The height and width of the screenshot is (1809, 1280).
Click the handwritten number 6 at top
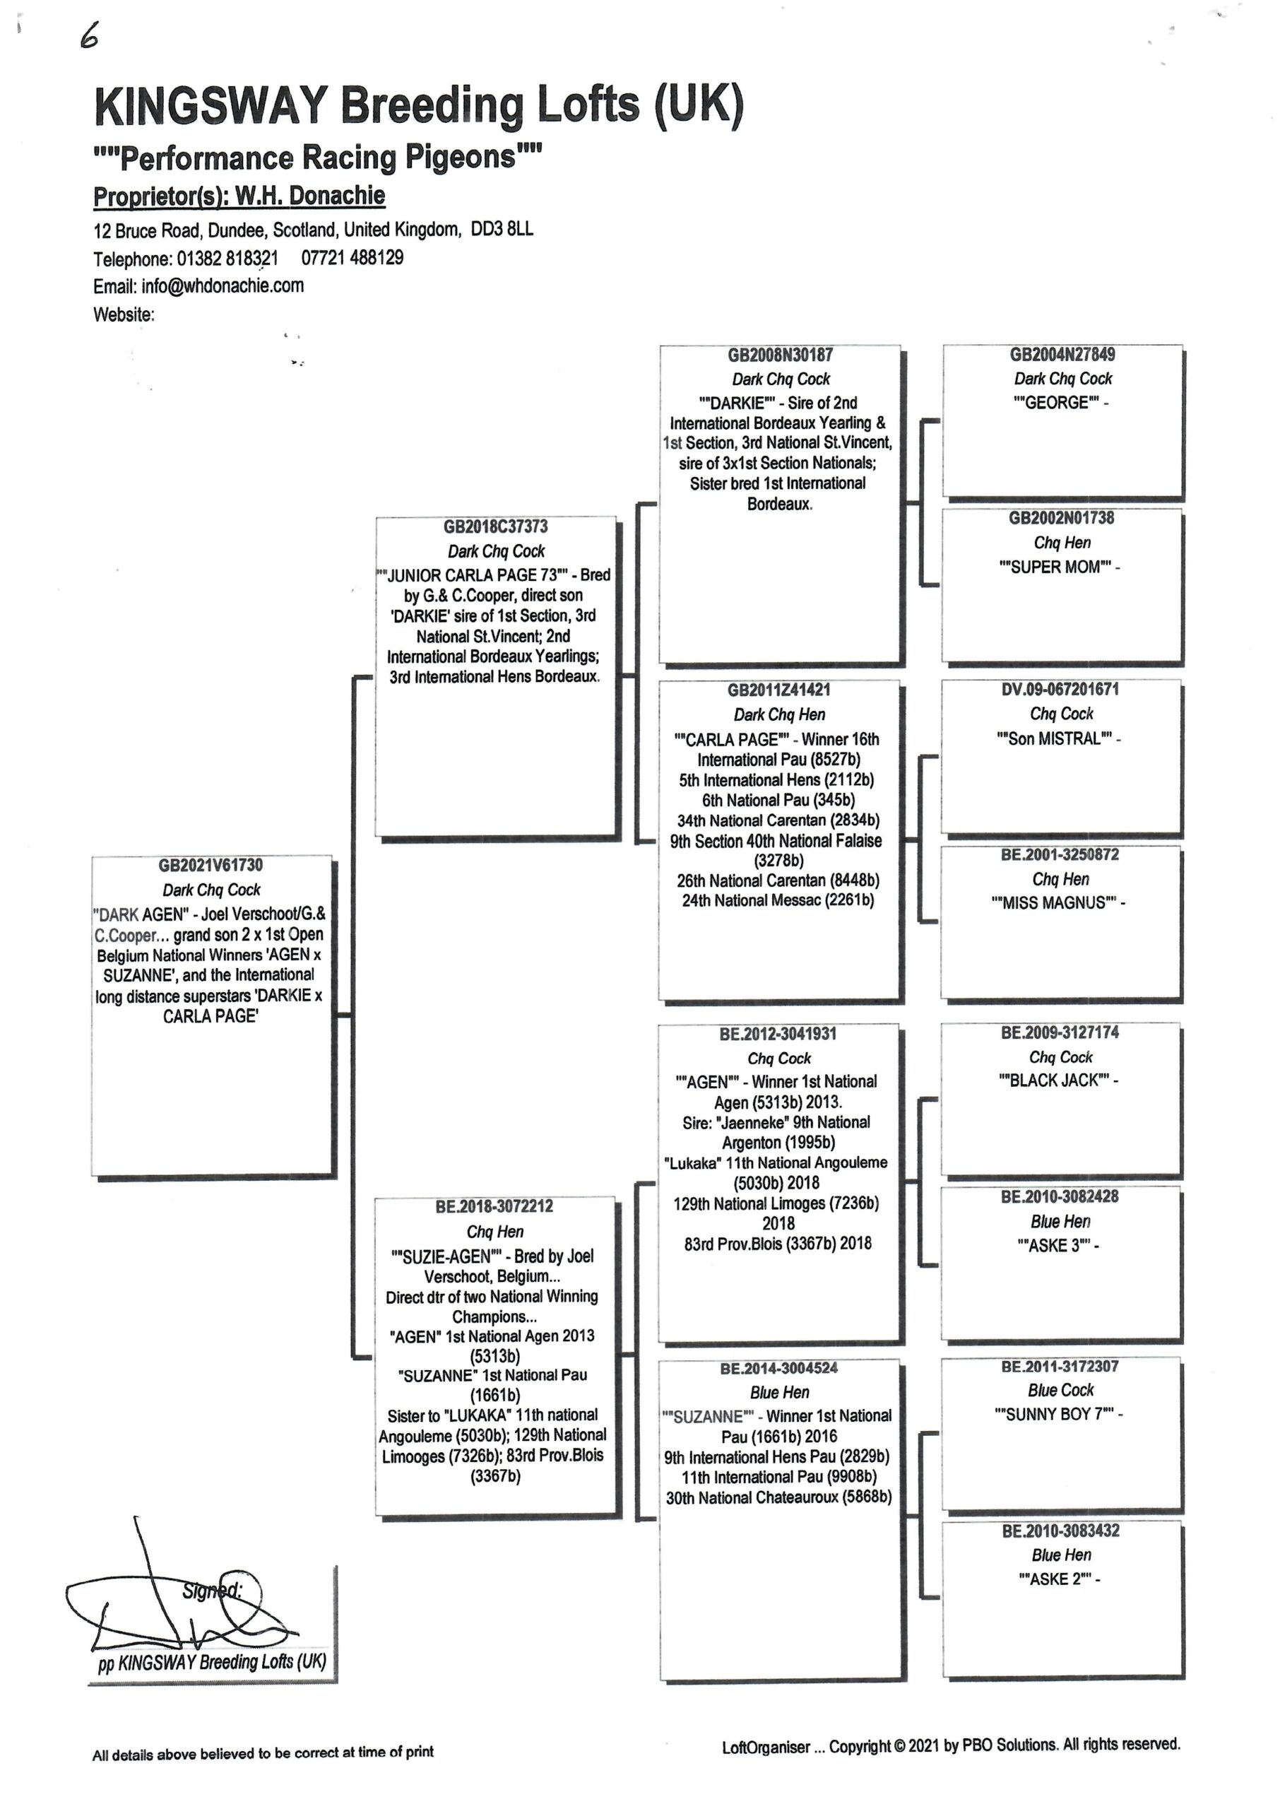89,35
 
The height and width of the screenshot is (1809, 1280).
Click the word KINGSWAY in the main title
211,105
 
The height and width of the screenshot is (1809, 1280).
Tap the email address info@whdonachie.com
223,285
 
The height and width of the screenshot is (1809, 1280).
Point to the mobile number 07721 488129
352,258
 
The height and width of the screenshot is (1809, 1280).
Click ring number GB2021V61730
211,865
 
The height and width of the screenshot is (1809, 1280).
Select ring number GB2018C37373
495,526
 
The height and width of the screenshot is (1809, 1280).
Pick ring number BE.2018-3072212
494,1206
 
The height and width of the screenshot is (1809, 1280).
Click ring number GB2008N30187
779,355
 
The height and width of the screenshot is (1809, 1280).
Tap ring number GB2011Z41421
778,690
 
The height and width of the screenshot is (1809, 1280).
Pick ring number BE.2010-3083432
1060,1531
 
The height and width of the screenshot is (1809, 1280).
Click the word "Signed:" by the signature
211,1591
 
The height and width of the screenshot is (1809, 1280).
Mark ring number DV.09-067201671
1060,689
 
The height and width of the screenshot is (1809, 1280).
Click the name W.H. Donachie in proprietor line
311,196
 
